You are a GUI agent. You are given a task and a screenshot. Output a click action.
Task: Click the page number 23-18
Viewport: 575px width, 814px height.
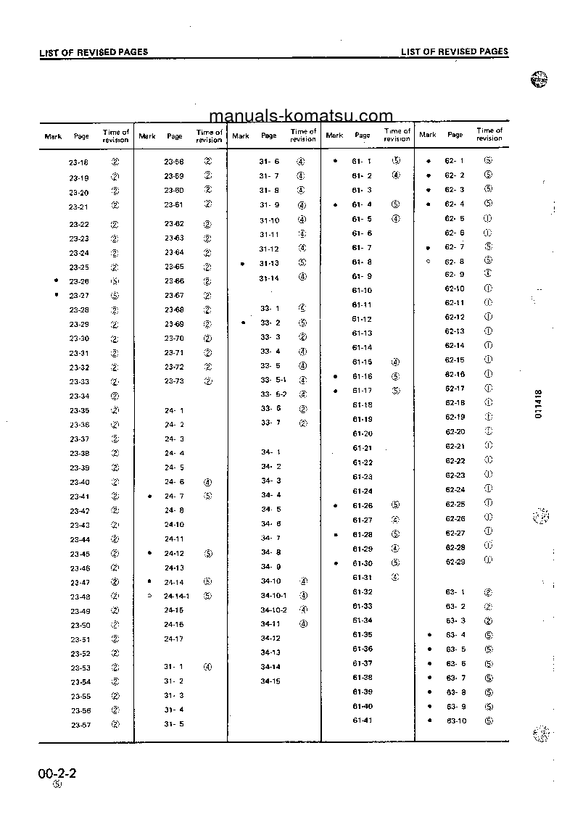click(79, 162)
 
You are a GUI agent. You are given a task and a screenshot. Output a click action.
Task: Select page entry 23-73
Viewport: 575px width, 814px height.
click(174, 381)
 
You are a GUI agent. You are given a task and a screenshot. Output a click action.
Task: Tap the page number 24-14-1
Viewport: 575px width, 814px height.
click(176, 596)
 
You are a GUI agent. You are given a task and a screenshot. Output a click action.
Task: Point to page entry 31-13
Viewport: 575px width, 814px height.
click(269, 263)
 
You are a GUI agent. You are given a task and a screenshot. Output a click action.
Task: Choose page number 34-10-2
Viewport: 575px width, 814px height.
click(273, 610)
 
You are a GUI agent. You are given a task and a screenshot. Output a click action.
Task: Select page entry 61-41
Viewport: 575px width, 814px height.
click(362, 720)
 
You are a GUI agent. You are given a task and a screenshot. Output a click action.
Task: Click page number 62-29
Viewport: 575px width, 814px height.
click(455, 561)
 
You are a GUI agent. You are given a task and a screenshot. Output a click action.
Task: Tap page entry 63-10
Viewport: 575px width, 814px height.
click(457, 720)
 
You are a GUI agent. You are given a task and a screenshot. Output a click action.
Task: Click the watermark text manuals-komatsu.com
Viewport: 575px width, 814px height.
click(300, 116)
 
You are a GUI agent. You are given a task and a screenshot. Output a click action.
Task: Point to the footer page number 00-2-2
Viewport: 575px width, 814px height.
click(57, 774)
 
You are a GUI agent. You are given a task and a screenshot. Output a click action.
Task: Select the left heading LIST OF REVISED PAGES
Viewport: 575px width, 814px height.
click(94, 52)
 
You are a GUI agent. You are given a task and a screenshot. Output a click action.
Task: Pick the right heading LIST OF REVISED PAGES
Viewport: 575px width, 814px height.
click(455, 52)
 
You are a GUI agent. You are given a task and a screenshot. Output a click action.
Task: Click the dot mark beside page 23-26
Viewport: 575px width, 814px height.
click(57, 280)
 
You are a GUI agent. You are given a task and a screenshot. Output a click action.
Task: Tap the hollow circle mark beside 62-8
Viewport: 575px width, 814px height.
click(429, 261)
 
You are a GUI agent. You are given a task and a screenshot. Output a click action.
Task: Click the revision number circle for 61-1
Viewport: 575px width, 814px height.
click(396, 161)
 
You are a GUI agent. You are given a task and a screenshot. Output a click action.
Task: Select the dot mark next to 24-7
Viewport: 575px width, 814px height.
click(149, 497)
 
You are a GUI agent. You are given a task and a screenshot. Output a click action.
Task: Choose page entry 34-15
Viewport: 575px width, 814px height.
click(270, 681)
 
